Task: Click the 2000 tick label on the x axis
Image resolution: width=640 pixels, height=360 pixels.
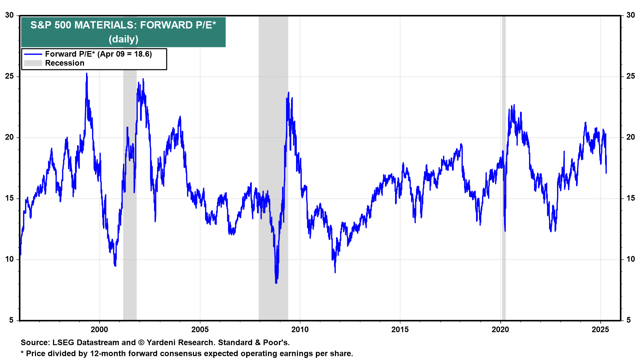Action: point(99,330)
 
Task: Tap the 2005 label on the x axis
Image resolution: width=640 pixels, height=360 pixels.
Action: point(200,330)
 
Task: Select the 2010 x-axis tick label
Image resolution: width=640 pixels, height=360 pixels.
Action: point(300,330)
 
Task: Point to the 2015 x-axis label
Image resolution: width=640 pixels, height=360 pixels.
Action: point(400,330)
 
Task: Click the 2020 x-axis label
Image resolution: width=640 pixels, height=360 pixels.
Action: point(500,330)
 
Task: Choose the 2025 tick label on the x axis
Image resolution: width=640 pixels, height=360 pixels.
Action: point(600,330)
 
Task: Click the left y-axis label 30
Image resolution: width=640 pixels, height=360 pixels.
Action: point(9,15)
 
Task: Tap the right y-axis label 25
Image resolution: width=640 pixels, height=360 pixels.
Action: point(631,76)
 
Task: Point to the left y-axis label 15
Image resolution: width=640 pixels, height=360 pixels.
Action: point(9,198)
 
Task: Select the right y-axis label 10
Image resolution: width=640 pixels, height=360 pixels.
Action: point(631,259)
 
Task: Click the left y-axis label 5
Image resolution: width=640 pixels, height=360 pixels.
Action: point(11,320)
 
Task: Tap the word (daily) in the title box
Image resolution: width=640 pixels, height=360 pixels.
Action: point(123,39)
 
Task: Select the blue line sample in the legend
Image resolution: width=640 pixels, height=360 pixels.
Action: point(33,54)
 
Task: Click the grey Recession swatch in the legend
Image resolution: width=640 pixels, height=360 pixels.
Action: point(33,63)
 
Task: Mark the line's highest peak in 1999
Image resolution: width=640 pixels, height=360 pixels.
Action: point(87,74)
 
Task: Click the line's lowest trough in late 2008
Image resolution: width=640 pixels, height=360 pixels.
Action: point(276,283)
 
